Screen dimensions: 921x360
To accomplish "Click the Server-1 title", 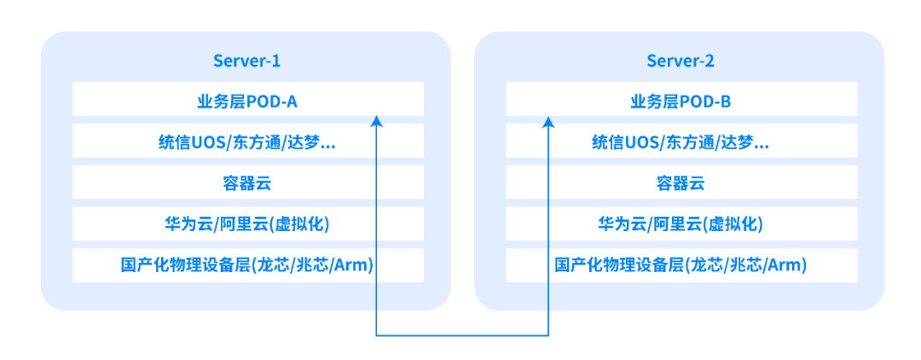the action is point(246,61).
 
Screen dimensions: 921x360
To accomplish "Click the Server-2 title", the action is point(681,61).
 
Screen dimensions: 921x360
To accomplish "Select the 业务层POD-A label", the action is point(247,102).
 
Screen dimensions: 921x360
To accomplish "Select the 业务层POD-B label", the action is point(681,102).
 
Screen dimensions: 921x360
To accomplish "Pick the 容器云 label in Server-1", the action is point(247,183).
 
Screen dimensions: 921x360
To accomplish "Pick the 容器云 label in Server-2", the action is point(681,183).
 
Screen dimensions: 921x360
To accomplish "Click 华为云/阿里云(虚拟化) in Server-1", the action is point(247,224).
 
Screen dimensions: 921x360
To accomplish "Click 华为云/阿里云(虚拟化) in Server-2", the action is point(681,224).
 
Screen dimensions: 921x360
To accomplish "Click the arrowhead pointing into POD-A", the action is point(377,121).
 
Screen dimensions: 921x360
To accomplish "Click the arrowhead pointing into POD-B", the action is point(548,121).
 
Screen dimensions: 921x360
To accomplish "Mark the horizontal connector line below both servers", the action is point(462,336).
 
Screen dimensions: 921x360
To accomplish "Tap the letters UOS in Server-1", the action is point(210,142).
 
